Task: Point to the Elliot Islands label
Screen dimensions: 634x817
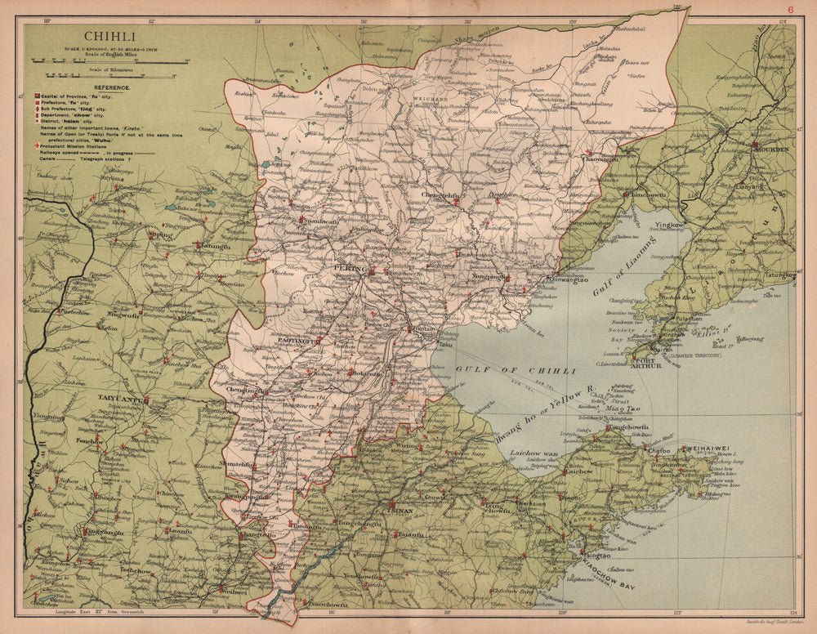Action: [x=710, y=333]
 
